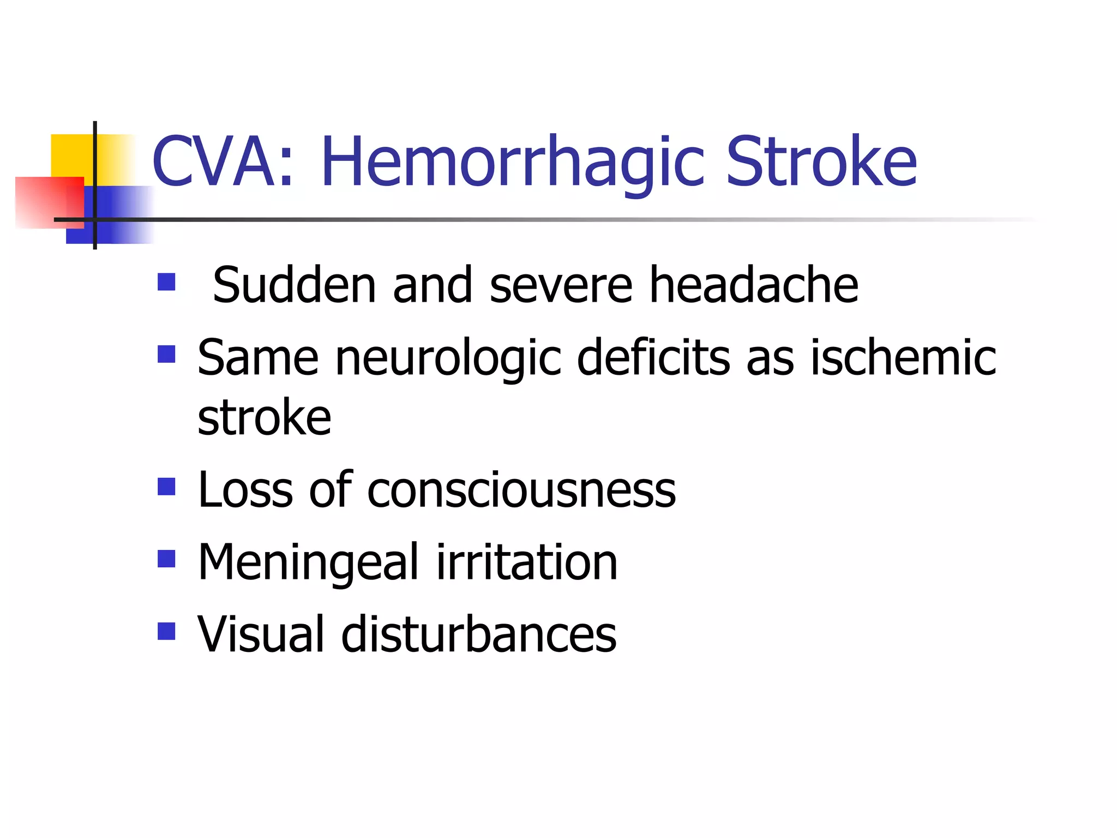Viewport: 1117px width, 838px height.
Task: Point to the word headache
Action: click(x=754, y=285)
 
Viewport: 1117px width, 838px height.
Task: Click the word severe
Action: click(x=561, y=285)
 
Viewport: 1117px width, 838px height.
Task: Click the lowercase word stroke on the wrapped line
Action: click(x=265, y=419)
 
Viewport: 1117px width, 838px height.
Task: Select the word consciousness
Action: click(x=521, y=490)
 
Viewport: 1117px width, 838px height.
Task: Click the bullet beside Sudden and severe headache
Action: click(x=166, y=282)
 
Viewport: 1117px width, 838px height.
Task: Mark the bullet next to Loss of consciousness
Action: click(x=166, y=487)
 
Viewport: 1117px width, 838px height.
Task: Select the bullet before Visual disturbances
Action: click(x=166, y=631)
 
